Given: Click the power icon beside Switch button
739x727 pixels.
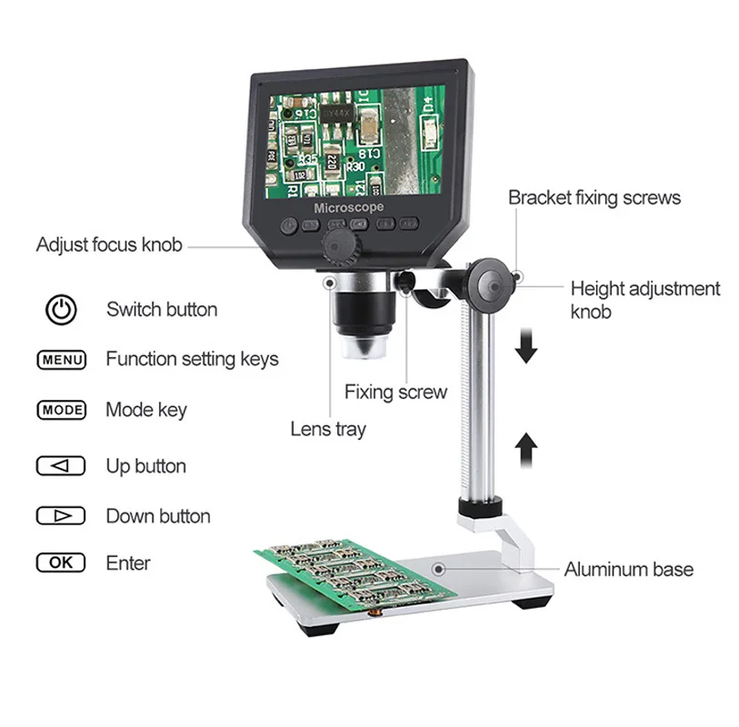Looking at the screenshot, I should pyautogui.click(x=61, y=309).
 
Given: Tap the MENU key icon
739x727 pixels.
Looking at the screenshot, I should pyautogui.click(x=61, y=360).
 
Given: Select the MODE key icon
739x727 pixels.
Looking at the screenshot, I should pyautogui.click(x=61, y=410).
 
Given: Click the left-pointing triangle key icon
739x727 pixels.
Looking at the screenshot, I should pyautogui.click(x=61, y=467).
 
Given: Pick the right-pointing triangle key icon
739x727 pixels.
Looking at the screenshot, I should pyautogui.click(x=61, y=516).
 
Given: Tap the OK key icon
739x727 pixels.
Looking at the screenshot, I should pyautogui.click(x=61, y=563).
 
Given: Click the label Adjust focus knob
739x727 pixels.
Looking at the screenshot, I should pyautogui.click(x=109, y=244).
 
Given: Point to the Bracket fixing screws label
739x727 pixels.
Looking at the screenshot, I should pyautogui.click(x=594, y=197).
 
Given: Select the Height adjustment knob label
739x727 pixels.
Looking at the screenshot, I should pyautogui.click(x=644, y=300).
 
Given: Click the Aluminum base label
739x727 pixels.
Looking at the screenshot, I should pyautogui.click(x=628, y=570).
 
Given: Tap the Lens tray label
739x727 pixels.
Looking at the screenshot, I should pyautogui.click(x=327, y=429).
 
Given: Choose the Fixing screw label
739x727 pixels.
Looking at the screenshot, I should pyautogui.click(x=395, y=393).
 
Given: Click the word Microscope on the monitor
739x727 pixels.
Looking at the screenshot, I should pyautogui.click(x=349, y=208).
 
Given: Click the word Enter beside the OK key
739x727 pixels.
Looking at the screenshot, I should pyautogui.click(x=128, y=563).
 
